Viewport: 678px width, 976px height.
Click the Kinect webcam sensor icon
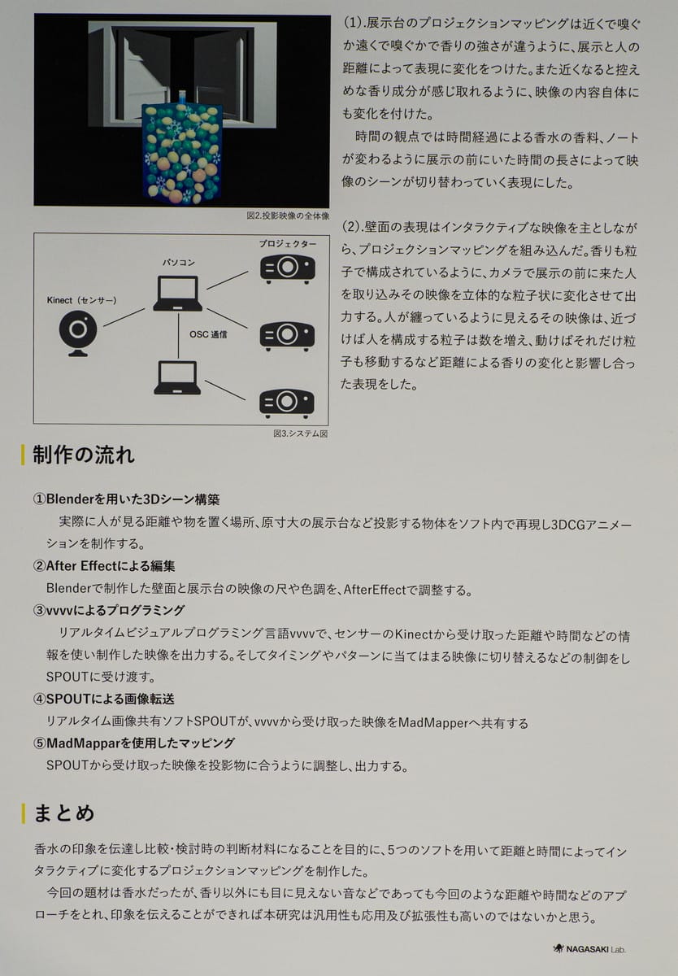click(78, 333)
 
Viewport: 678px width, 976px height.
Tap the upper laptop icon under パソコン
click(176, 294)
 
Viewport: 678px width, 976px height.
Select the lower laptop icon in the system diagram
click(176, 378)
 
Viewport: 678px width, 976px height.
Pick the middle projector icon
click(287, 333)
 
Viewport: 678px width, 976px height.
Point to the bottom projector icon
click(287, 401)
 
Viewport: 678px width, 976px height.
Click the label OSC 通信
click(208, 333)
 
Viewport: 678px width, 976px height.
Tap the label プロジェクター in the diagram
click(288, 244)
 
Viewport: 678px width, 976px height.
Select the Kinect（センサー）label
click(81, 300)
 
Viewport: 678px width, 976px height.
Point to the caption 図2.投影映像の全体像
click(287, 216)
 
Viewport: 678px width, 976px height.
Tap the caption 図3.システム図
click(300, 434)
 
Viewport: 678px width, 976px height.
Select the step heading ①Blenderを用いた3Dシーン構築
click(126, 499)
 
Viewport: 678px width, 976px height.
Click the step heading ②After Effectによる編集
click(103, 566)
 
